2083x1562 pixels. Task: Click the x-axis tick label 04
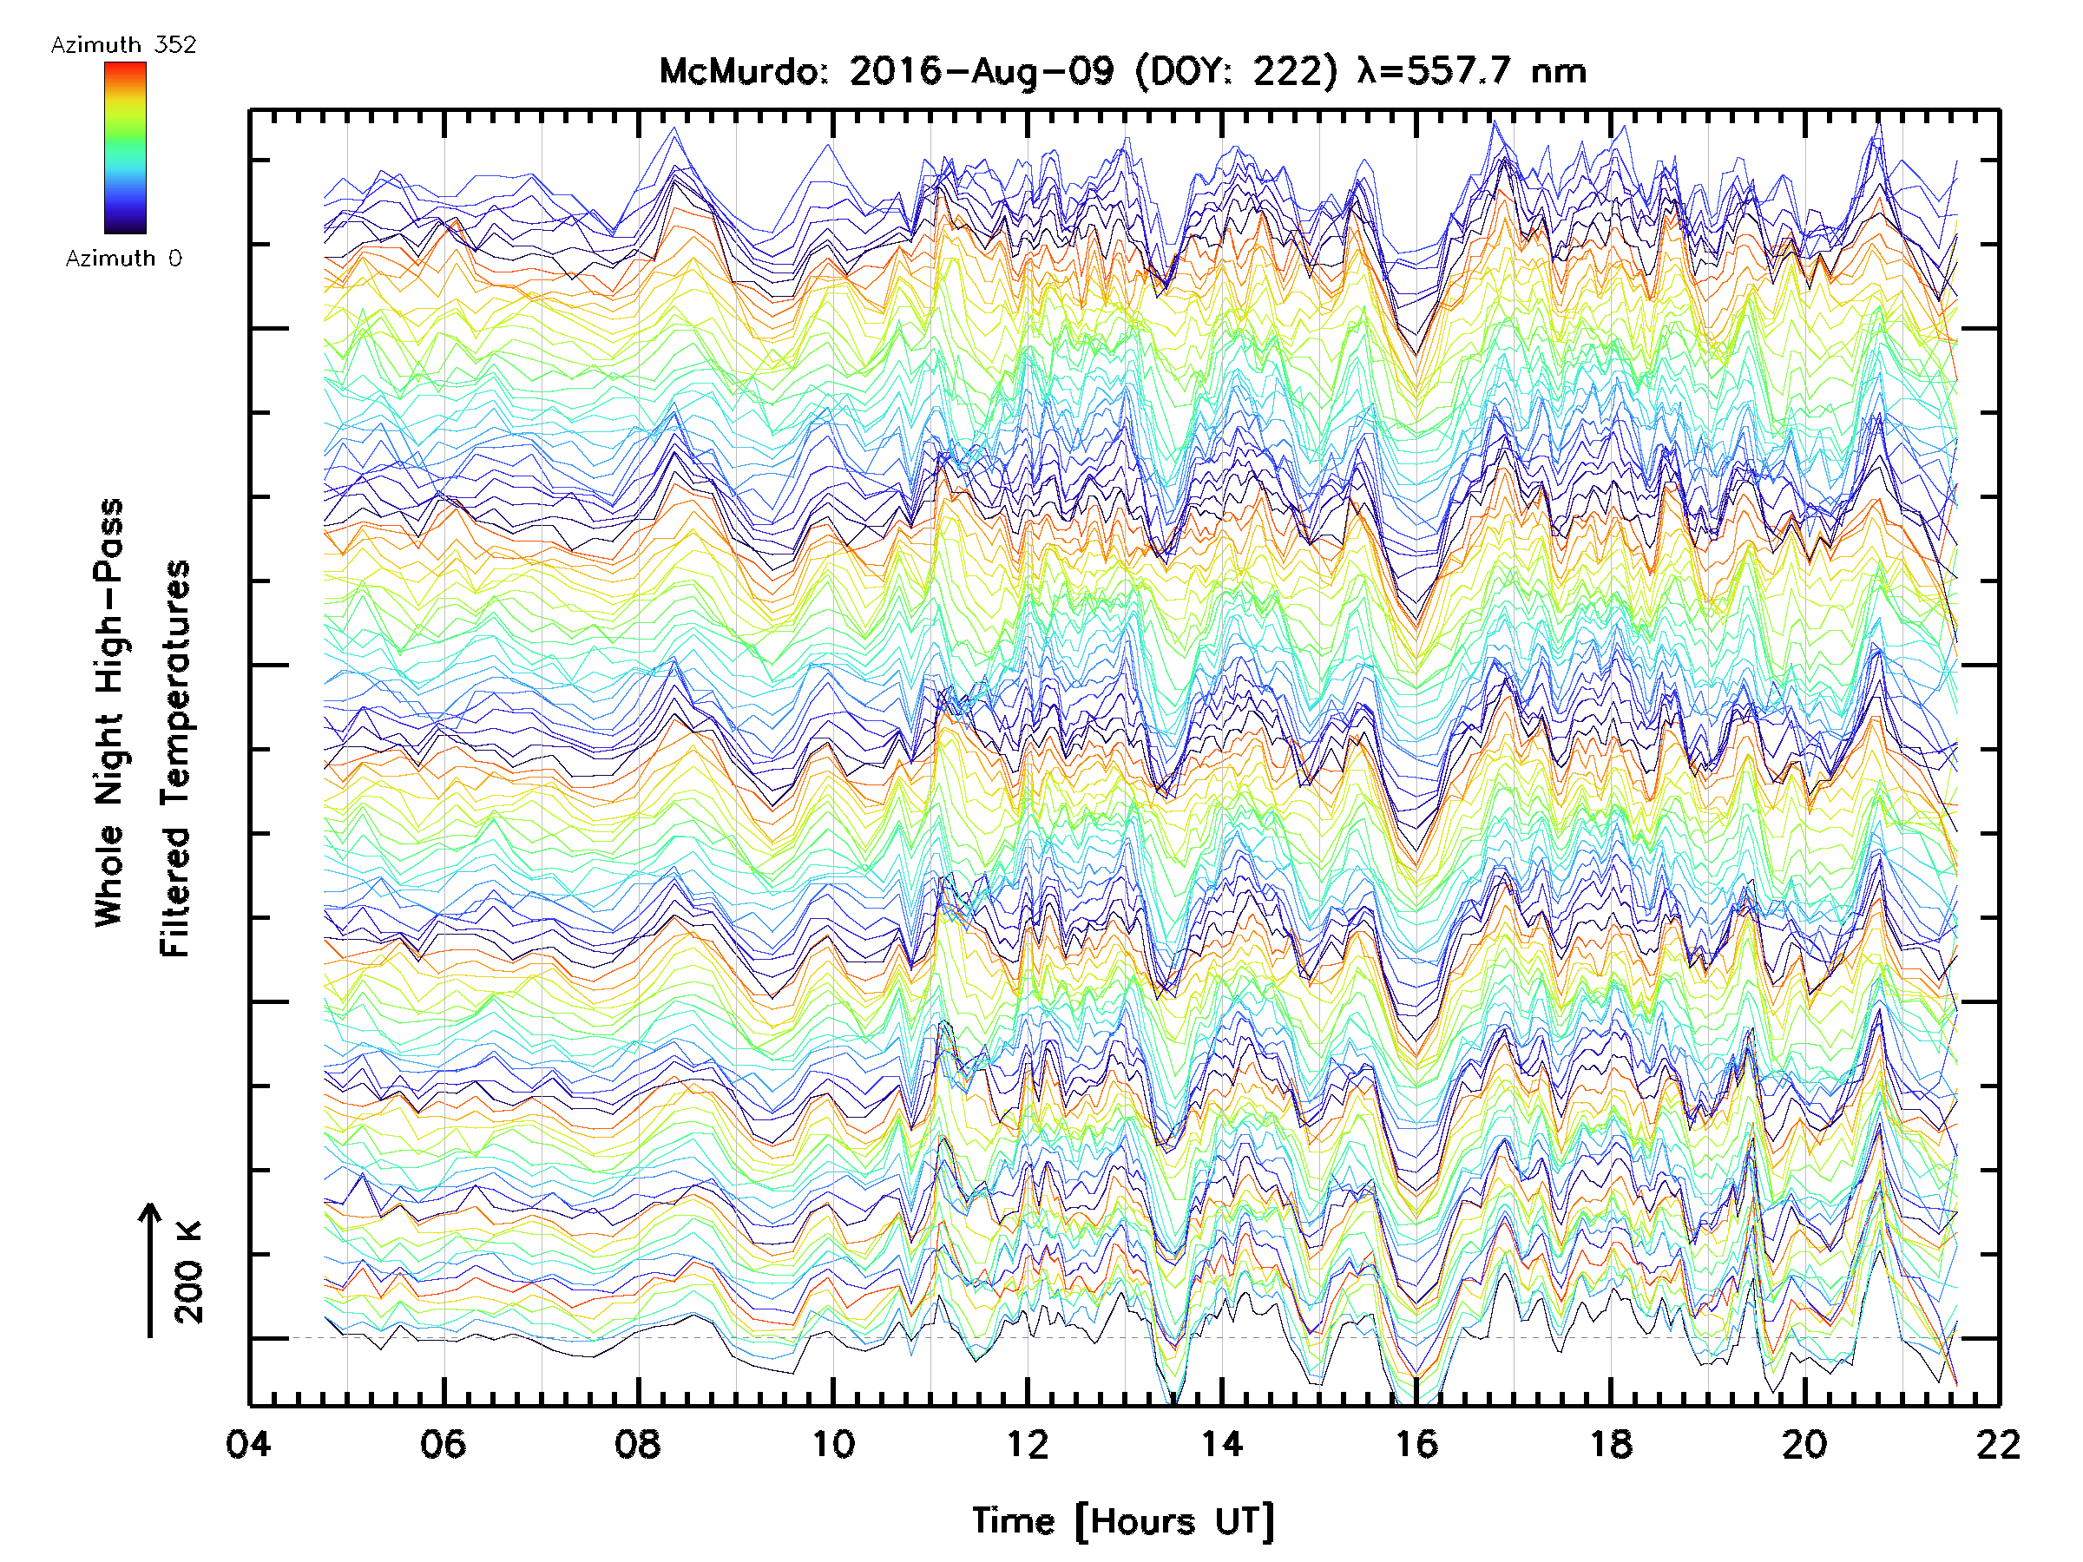247,1443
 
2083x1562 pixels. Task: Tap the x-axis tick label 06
443,1443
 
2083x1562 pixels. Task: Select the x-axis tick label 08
638,1443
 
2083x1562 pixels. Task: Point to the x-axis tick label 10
832,1443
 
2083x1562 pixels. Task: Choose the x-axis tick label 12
1028,1443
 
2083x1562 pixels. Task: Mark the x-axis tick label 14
1222,1443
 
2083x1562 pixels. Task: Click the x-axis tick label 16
1416,1443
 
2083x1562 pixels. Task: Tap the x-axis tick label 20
1805,1443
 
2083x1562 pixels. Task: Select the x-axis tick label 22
1998,1443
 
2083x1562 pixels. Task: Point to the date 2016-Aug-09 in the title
982,71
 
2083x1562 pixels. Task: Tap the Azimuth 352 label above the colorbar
123,45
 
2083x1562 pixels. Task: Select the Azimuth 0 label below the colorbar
123,258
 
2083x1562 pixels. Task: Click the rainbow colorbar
125,147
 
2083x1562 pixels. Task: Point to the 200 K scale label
189,1272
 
